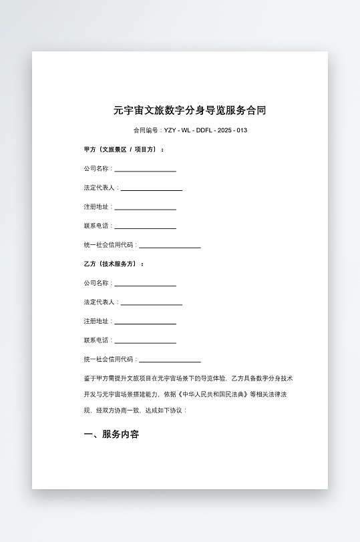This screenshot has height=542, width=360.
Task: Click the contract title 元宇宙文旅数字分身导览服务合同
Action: (190, 111)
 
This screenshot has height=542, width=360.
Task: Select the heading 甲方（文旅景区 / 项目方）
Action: (124, 150)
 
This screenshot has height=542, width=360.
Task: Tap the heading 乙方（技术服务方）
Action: (114, 264)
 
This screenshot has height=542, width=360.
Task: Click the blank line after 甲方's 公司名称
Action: (145, 170)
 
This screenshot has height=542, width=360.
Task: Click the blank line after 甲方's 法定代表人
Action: (151, 190)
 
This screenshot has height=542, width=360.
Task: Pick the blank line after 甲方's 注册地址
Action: (145, 209)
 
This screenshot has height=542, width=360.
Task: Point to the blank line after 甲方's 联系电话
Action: (145, 228)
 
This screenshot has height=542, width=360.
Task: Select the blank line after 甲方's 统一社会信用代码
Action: (170, 247)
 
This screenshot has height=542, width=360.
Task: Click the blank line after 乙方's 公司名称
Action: (145, 285)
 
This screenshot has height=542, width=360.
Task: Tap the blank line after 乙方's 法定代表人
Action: (151, 304)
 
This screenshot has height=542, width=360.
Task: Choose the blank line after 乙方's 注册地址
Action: (145, 323)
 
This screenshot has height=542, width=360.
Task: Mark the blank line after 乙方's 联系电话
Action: (145, 342)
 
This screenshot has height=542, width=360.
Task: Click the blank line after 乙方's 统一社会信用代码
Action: (170, 361)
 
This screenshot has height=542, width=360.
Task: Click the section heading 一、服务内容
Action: (112, 435)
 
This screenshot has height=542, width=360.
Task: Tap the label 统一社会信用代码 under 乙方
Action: (110, 359)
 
